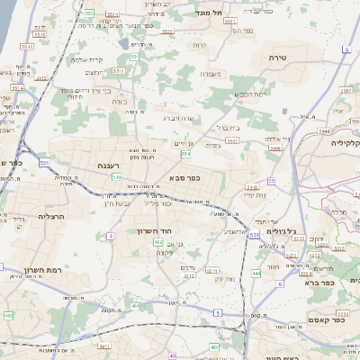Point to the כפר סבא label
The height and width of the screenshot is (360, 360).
(184, 178)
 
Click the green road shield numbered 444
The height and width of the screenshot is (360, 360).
(256, 273)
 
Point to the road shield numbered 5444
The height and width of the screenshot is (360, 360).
(323, 131)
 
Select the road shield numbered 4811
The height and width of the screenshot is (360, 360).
(104, 345)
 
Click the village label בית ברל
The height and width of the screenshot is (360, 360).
(229, 128)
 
